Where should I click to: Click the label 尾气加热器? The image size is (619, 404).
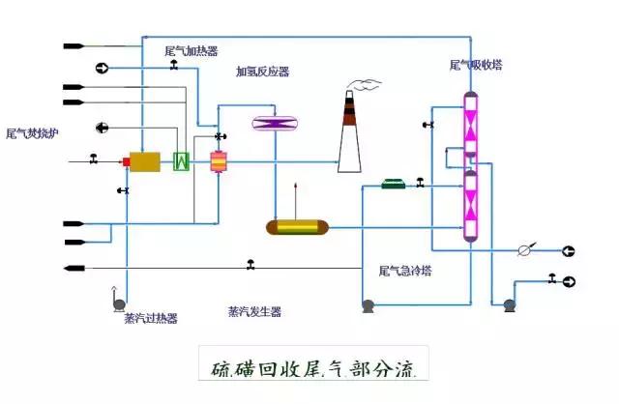click(x=191, y=50)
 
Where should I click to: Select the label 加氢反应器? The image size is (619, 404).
click(x=262, y=72)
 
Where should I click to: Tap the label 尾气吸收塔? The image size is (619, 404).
click(x=476, y=66)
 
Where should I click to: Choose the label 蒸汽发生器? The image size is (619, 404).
click(x=254, y=311)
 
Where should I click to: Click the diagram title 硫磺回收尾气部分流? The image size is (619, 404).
click(x=313, y=368)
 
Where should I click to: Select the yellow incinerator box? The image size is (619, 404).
click(x=145, y=161)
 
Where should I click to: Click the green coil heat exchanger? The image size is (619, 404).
click(x=180, y=161)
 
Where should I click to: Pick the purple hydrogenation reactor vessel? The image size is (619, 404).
click(x=274, y=123)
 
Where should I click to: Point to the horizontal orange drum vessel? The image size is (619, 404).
click(x=297, y=227)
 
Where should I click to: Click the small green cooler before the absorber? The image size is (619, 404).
click(x=394, y=184)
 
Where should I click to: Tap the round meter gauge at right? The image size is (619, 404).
click(x=524, y=250)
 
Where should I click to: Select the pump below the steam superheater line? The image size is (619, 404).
click(x=119, y=304)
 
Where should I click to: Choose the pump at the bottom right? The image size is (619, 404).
click(x=509, y=304)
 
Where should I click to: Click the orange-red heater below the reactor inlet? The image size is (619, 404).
click(x=218, y=161)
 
